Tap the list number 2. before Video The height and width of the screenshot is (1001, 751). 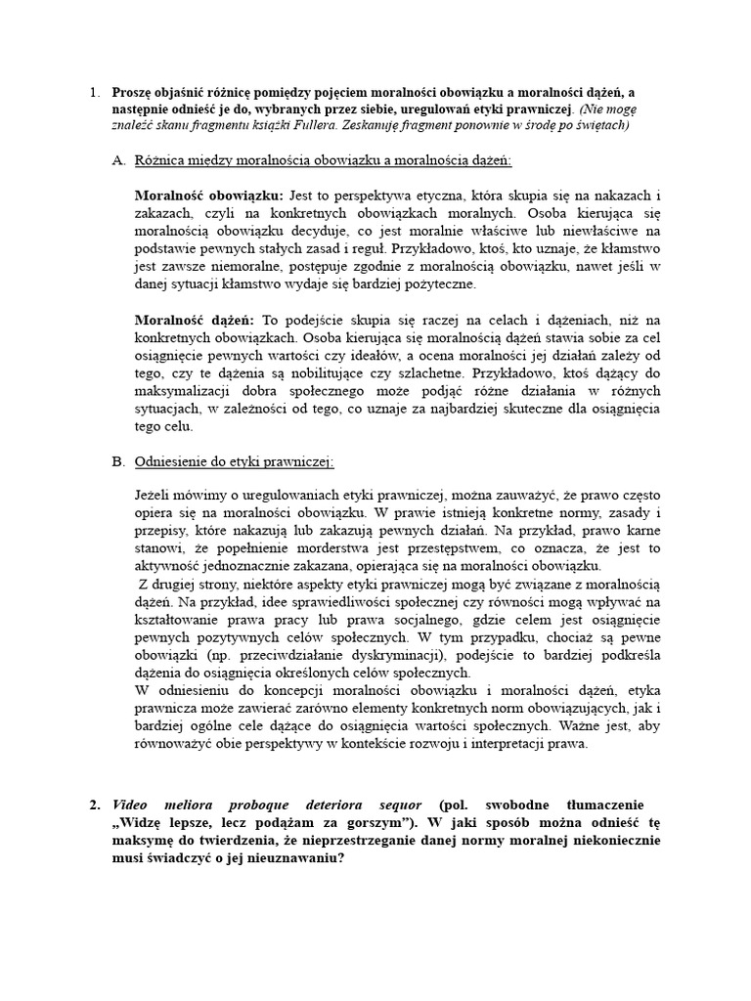click(94, 805)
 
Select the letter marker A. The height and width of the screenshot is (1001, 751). click(118, 159)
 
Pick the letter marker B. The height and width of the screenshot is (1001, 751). click(118, 461)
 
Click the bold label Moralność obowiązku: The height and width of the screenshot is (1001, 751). click(208, 194)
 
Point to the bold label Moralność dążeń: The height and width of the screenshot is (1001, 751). click(194, 320)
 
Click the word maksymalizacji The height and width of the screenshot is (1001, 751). click(184, 391)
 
